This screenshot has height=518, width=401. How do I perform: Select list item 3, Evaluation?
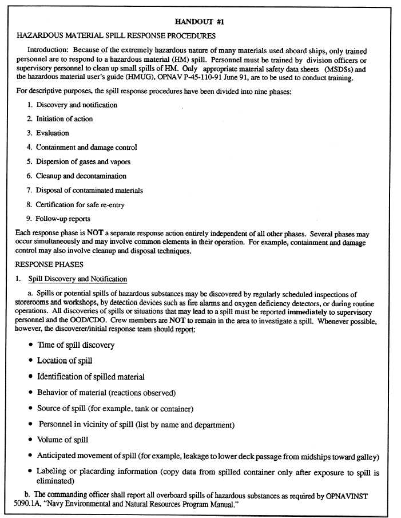coord(52,133)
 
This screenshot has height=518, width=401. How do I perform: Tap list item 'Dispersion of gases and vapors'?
coord(83,162)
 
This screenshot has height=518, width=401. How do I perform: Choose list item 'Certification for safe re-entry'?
coord(80,205)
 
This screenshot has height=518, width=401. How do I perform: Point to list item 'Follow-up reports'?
coord(63,219)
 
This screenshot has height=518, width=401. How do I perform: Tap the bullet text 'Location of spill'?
coord(65,361)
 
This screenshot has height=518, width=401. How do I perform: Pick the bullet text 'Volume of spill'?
coord(62,440)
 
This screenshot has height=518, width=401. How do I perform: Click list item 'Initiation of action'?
coord(64,119)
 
